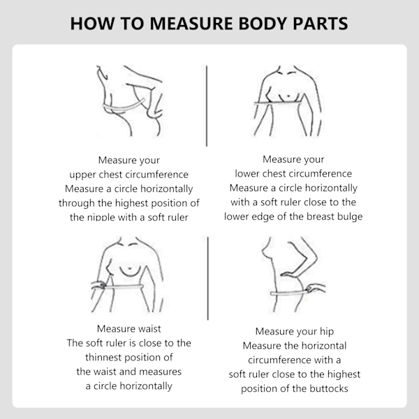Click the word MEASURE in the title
click(191, 24)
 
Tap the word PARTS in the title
click(321, 24)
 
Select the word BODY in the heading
click(263, 24)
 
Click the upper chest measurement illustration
click(129, 101)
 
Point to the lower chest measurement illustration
click(287, 101)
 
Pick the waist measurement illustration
click(127, 274)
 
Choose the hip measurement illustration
click(293, 274)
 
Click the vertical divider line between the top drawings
click(207, 106)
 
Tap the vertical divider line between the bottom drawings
click(208, 278)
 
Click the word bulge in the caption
click(350, 216)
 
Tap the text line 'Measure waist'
click(129, 329)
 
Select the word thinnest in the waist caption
click(103, 358)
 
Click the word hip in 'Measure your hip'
click(327, 332)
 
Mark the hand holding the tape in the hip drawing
click(316, 288)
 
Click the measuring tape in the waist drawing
click(124, 287)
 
